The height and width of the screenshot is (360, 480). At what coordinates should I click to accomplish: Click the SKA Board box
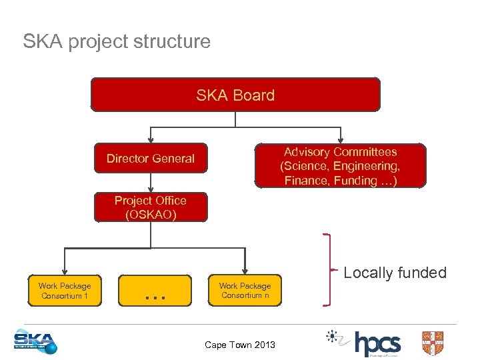[235, 95]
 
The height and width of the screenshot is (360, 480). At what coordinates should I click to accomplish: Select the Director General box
[151, 159]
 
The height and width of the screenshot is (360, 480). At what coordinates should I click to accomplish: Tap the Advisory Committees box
[340, 166]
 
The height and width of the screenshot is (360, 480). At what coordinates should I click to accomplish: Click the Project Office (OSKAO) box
[151, 207]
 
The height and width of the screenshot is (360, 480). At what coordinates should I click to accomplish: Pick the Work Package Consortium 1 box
[65, 291]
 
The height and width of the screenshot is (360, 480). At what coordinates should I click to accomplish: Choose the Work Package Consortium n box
[246, 291]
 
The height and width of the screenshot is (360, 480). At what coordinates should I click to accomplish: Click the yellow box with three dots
[155, 291]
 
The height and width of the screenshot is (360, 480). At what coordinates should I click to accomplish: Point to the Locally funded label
[395, 273]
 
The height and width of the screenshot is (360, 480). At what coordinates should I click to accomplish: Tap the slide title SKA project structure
[117, 41]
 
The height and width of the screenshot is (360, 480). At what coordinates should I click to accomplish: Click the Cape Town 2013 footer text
[239, 345]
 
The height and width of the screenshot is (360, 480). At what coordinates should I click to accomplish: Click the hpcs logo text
[377, 343]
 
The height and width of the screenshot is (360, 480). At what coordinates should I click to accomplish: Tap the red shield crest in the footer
[433, 343]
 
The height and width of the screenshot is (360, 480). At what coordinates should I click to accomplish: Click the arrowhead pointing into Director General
[151, 140]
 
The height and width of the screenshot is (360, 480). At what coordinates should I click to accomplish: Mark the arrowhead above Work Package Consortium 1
[65, 271]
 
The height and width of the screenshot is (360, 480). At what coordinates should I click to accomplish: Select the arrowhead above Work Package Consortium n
[245, 271]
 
